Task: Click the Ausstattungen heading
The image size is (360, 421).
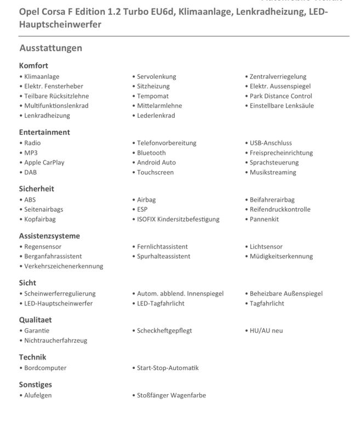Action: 50,48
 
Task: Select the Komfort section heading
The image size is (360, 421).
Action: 33,66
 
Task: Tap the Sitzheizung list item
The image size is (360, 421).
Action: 153,86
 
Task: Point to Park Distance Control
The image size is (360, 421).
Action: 281,96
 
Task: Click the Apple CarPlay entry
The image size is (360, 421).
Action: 44,162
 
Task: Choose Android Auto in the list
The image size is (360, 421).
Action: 156,162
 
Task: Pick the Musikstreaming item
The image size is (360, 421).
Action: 273,172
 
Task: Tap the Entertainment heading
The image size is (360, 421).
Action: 44,132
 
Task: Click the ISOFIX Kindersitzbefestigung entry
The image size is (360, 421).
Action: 178,219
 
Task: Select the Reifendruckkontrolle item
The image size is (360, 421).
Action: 280,209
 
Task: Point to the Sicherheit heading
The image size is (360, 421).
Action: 36,189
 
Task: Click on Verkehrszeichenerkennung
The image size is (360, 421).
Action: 64,266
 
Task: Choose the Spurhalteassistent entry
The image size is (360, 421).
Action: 163,256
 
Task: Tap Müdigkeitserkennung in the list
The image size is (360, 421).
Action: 281,256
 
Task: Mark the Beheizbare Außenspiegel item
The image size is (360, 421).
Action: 286,293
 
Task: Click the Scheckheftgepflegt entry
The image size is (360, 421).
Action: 164,331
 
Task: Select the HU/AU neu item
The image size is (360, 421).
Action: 266,331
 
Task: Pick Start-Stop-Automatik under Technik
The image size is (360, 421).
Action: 168,368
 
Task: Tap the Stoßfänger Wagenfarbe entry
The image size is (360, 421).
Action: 172,395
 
